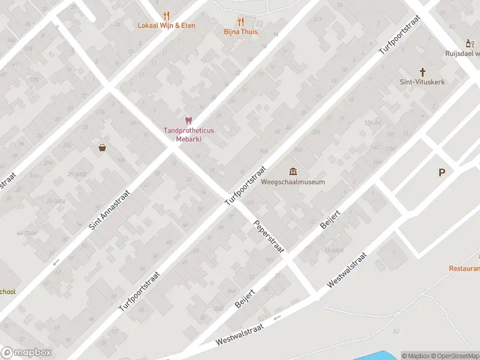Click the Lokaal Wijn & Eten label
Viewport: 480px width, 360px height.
click(166, 25)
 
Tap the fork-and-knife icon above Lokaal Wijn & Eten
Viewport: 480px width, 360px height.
click(166, 16)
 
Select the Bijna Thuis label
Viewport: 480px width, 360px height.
click(241, 31)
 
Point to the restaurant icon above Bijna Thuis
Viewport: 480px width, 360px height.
click(241, 22)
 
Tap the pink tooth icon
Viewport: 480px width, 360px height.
click(188, 121)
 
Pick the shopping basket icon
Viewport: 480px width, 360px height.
click(103, 148)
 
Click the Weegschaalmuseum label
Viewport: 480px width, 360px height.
click(293, 182)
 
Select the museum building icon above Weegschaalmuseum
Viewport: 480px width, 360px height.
click(293, 172)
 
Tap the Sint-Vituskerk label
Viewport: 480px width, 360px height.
click(422, 82)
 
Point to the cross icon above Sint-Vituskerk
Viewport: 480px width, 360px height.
click(422, 71)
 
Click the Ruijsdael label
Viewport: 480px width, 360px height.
click(462, 53)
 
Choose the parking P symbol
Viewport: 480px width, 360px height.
click(442, 173)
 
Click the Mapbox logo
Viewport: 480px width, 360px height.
click(26, 353)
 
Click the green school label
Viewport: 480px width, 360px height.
click(7, 292)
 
